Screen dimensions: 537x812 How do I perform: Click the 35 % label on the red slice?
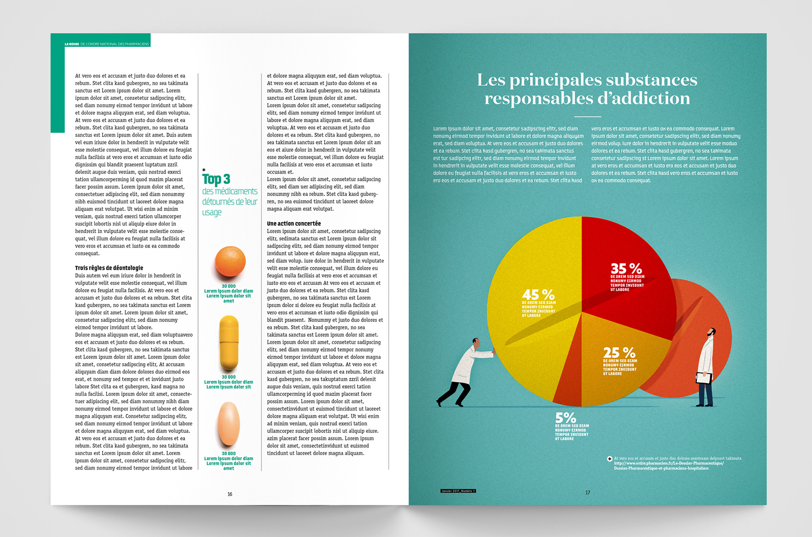click(626, 269)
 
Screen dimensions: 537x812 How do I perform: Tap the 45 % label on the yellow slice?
click(538, 295)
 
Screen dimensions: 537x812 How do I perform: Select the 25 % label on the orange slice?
click(619, 352)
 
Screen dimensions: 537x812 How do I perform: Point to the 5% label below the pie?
click(565, 418)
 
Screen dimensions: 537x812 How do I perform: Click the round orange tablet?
click(230, 262)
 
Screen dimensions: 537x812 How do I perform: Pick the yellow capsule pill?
click(229, 343)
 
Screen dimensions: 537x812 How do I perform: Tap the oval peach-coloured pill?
click(229, 424)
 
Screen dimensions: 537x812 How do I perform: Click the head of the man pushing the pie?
click(476, 343)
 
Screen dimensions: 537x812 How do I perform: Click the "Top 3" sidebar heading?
click(216, 179)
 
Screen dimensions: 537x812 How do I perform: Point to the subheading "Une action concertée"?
click(294, 223)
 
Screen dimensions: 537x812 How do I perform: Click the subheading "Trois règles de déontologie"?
click(109, 268)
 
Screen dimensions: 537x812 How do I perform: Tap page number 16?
click(230, 494)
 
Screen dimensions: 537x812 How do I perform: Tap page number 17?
click(587, 492)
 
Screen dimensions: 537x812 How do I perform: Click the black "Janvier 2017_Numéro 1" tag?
click(458, 491)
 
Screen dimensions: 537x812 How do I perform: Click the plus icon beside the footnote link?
click(609, 459)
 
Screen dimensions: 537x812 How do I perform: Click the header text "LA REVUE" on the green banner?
click(72, 44)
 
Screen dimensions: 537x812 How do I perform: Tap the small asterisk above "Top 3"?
click(204, 170)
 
